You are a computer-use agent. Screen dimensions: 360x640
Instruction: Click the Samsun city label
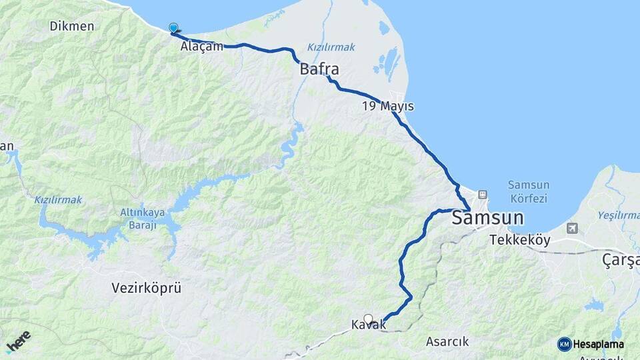487,219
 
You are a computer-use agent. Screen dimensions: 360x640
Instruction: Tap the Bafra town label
319,69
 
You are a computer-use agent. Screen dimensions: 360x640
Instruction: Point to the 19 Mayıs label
388,106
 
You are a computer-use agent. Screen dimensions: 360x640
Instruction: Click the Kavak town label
368,326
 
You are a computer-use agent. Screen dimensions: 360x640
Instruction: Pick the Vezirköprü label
146,288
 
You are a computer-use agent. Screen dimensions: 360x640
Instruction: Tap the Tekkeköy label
520,240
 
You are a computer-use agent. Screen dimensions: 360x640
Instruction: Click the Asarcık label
447,341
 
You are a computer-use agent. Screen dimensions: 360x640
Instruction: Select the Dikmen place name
71,26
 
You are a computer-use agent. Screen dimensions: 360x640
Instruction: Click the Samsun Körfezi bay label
527,191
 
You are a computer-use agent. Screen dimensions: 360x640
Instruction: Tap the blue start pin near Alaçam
174,28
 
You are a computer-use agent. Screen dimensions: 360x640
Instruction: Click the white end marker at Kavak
368,318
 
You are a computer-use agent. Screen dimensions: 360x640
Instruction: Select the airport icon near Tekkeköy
572,228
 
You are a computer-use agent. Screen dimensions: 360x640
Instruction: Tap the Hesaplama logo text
598,344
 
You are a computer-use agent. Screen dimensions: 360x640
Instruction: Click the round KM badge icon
565,344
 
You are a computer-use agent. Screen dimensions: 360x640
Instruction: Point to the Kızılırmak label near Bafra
331,47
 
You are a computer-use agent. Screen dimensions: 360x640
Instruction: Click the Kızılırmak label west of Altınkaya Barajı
58,199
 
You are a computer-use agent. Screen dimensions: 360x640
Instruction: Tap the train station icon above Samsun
483,195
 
